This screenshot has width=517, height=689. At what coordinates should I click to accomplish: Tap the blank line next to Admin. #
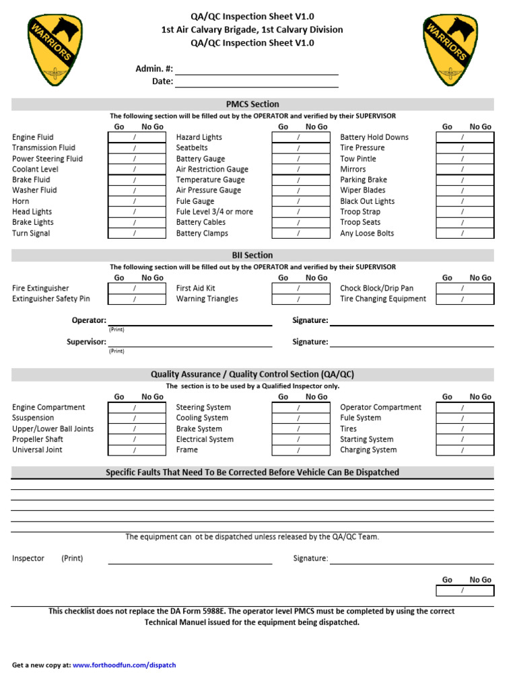pos(256,69)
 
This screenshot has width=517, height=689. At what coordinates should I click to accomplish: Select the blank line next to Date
pos(256,82)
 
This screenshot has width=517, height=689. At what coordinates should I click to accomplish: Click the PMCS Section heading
pos(252,104)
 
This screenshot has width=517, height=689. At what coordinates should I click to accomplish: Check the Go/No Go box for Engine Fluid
pos(137,137)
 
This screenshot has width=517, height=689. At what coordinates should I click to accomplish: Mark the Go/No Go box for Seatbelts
pos(300,148)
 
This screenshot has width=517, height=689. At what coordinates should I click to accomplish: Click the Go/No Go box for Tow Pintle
pos(464,159)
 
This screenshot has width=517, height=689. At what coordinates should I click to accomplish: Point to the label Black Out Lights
pos(368,201)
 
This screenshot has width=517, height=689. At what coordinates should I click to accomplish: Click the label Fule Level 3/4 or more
pos(215,212)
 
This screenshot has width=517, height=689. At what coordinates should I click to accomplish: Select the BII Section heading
pos(252,256)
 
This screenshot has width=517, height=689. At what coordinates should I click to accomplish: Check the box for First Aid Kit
pos(300,289)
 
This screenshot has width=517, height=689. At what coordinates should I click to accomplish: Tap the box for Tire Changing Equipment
pos(464,299)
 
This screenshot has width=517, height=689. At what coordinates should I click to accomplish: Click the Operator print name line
pos(190,321)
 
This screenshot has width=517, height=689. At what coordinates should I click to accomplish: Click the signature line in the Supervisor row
pos(411,342)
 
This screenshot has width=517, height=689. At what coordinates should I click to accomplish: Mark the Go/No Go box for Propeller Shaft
pos(137,439)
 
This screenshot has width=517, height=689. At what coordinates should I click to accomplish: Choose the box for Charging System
pos(464,450)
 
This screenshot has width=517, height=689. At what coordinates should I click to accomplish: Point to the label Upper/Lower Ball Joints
pos(53,429)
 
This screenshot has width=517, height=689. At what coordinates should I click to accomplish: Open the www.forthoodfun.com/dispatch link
pos(124,665)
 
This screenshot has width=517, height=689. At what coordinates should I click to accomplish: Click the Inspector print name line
pos(190,559)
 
